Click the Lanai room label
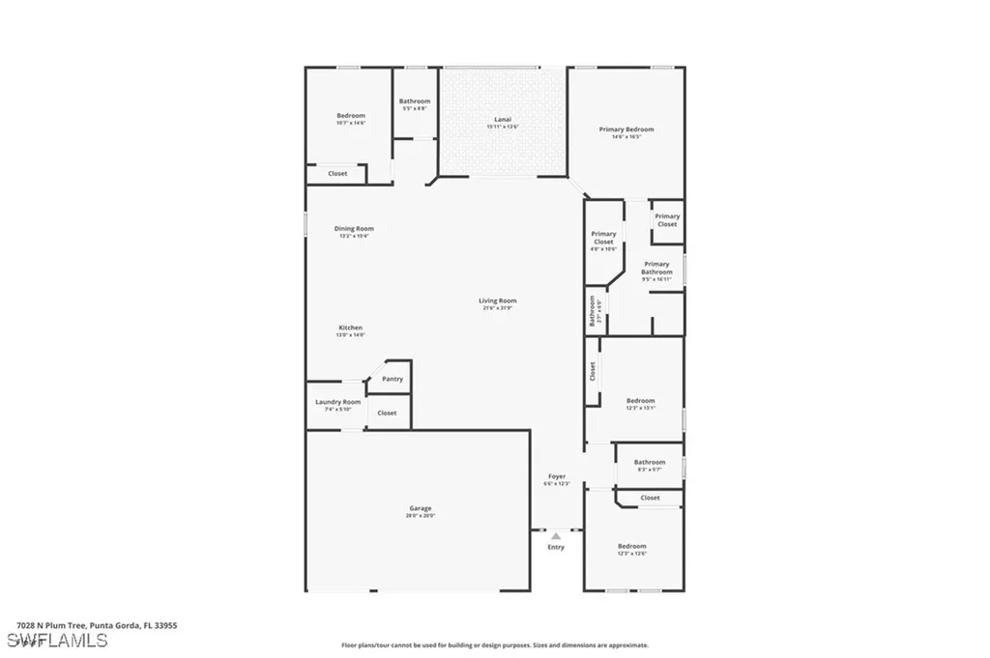click(502, 120)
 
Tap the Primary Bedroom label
click(626, 129)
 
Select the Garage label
click(420, 508)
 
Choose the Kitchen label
click(350, 328)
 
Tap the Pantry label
click(393, 379)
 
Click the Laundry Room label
click(338, 402)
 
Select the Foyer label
click(557, 476)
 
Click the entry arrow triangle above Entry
click(556, 536)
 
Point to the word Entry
click(556, 548)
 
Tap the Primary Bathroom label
click(656, 268)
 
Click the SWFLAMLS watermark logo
click(57, 640)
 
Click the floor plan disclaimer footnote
click(494, 645)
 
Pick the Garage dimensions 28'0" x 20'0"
click(420, 516)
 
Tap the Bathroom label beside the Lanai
click(415, 101)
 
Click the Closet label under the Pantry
click(387, 413)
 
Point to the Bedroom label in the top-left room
click(351, 116)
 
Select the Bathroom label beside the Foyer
click(650, 462)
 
